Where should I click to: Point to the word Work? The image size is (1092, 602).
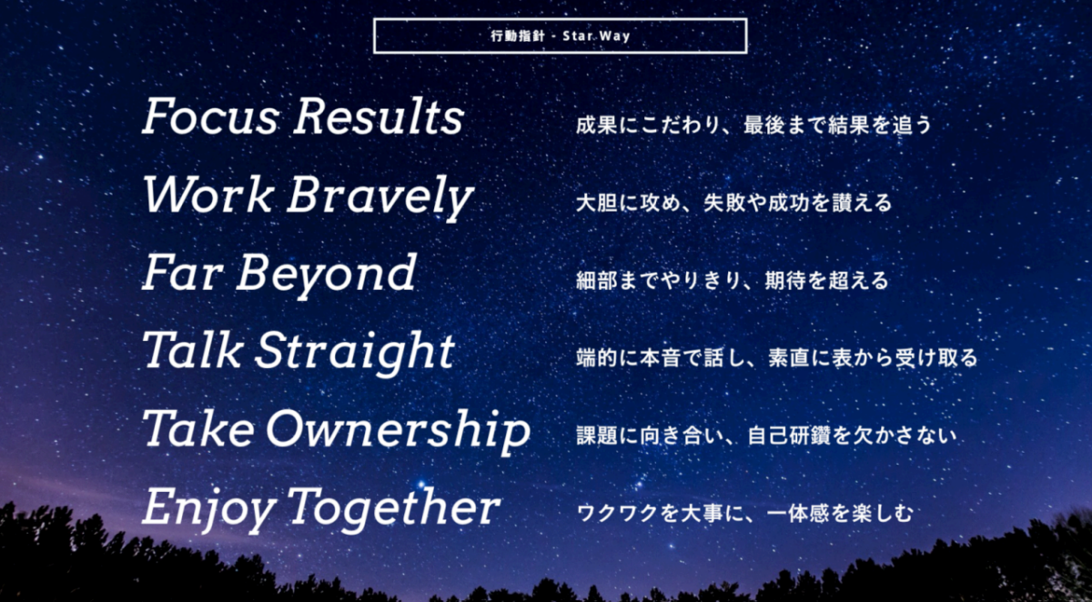[208, 194]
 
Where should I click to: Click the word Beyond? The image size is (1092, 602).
[327, 276]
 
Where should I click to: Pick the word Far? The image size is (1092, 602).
[182, 272]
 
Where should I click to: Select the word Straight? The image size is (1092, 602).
[354, 354]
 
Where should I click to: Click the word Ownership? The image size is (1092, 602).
[399, 432]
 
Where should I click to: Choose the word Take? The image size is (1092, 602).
[198, 427]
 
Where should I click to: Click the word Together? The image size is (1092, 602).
[393, 509]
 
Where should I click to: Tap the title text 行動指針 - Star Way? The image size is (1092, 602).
[561, 36]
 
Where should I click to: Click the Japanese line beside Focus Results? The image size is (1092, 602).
[753, 125]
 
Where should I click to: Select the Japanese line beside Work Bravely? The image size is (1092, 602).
[733, 203]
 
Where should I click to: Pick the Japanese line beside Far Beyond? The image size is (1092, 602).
[733, 280]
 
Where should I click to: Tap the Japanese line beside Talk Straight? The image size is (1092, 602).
[777, 357]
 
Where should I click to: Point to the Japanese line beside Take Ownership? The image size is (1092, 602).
[766, 435]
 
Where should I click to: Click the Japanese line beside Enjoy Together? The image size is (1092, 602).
[744, 513]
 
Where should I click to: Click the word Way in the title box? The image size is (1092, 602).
[614, 36]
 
